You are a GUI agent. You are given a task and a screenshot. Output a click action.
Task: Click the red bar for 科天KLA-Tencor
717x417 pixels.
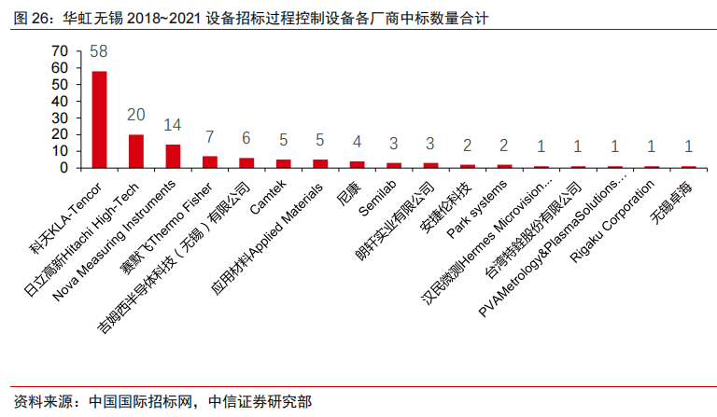99,119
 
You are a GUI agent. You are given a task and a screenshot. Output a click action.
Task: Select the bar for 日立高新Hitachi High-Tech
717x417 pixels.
136,151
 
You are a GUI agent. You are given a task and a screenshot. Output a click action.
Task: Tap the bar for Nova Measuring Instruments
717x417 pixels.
173,156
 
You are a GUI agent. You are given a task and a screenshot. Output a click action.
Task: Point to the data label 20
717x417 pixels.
136,115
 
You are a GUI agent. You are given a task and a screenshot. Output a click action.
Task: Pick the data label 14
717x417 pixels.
173,125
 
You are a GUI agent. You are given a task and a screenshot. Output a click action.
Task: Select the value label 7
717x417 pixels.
210,137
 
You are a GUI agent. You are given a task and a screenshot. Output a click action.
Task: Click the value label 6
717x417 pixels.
246,138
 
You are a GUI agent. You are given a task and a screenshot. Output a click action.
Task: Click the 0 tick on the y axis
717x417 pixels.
63,168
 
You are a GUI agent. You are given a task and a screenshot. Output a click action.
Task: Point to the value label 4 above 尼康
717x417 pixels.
358,142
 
